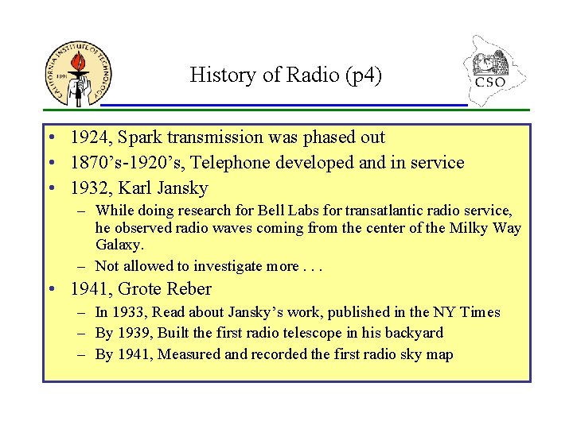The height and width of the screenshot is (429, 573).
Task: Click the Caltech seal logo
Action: (78, 74)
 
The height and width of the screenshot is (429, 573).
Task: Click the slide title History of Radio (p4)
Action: (286, 75)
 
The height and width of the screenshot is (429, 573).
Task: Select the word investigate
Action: (224, 266)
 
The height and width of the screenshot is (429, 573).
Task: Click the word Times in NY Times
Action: (480, 312)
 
